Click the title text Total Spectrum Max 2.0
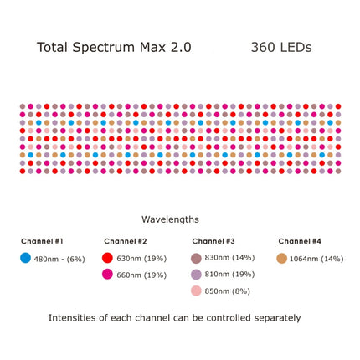tap(114, 48)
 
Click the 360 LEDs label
tap(280, 48)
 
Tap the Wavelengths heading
tap(170, 219)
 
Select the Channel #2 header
tap(126, 241)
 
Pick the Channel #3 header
tap(213, 241)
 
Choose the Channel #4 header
tap(300, 241)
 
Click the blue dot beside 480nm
tap(25, 258)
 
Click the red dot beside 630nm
tap(107, 258)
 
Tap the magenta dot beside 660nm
tap(107, 274)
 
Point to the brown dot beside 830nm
tap(196, 258)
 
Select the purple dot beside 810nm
tap(196, 274)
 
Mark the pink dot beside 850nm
tap(196, 291)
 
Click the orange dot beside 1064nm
tap(281, 259)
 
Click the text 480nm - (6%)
tap(59, 259)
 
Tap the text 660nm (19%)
tap(141, 275)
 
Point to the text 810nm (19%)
tap(229, 275)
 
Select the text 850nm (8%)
tap(228, 291)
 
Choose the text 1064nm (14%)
tap(316, 259)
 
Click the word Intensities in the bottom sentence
tap(74, 318)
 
